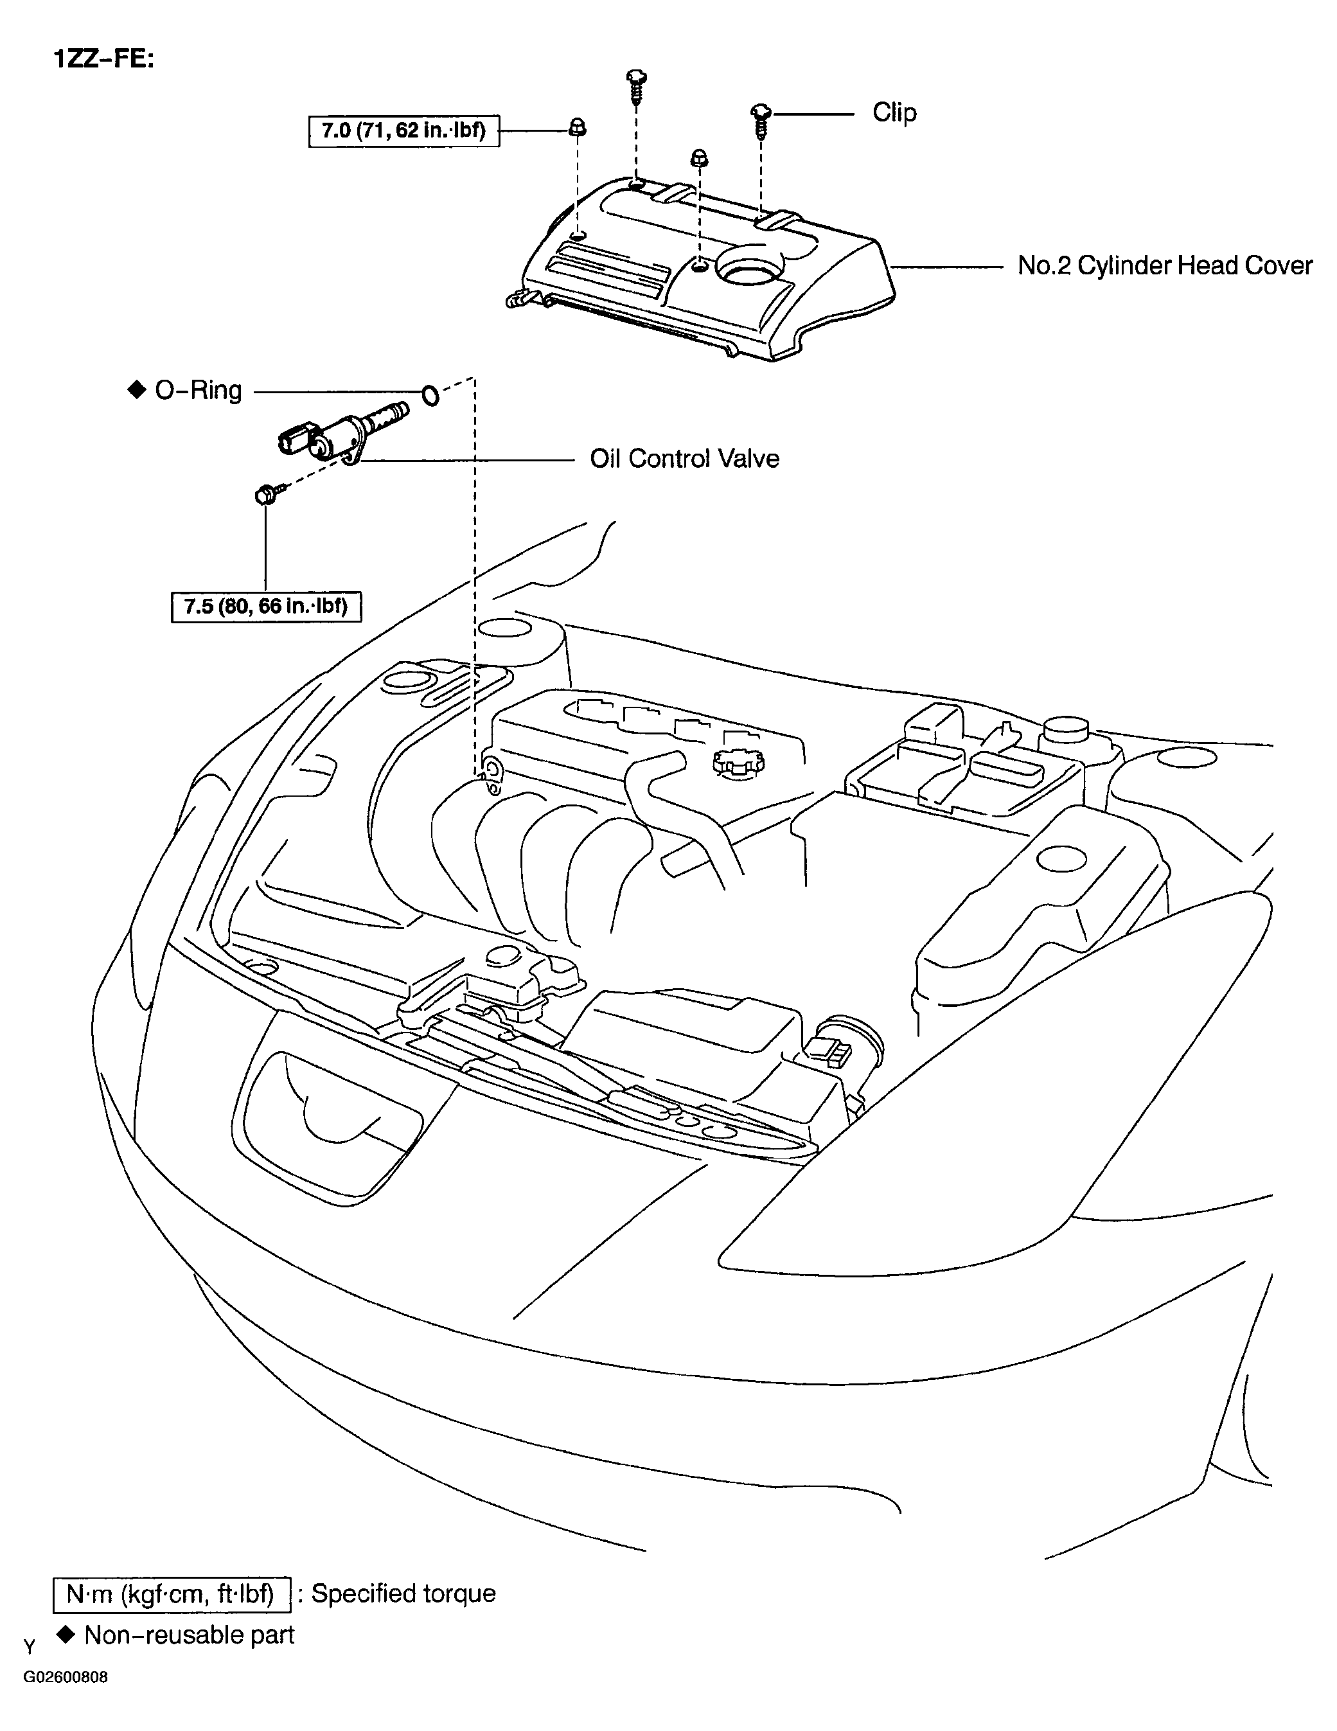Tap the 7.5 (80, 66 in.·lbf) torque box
click(266, 607)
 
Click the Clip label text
click(894, 112)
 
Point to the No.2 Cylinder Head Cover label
click(1164, 265)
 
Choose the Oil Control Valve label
click(684, 459)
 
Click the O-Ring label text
click(198, 391)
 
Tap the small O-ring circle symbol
click(430, 394)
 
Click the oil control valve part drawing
click(341, 434)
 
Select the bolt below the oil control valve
click(264, 495)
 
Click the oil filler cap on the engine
click(739, 763)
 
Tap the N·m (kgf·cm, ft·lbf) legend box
click(171, 1594)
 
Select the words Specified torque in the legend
click(403, 1594)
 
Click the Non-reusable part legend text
click(189, 1635)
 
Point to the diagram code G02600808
click(65, 1678)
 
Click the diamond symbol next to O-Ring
click(137, 390)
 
